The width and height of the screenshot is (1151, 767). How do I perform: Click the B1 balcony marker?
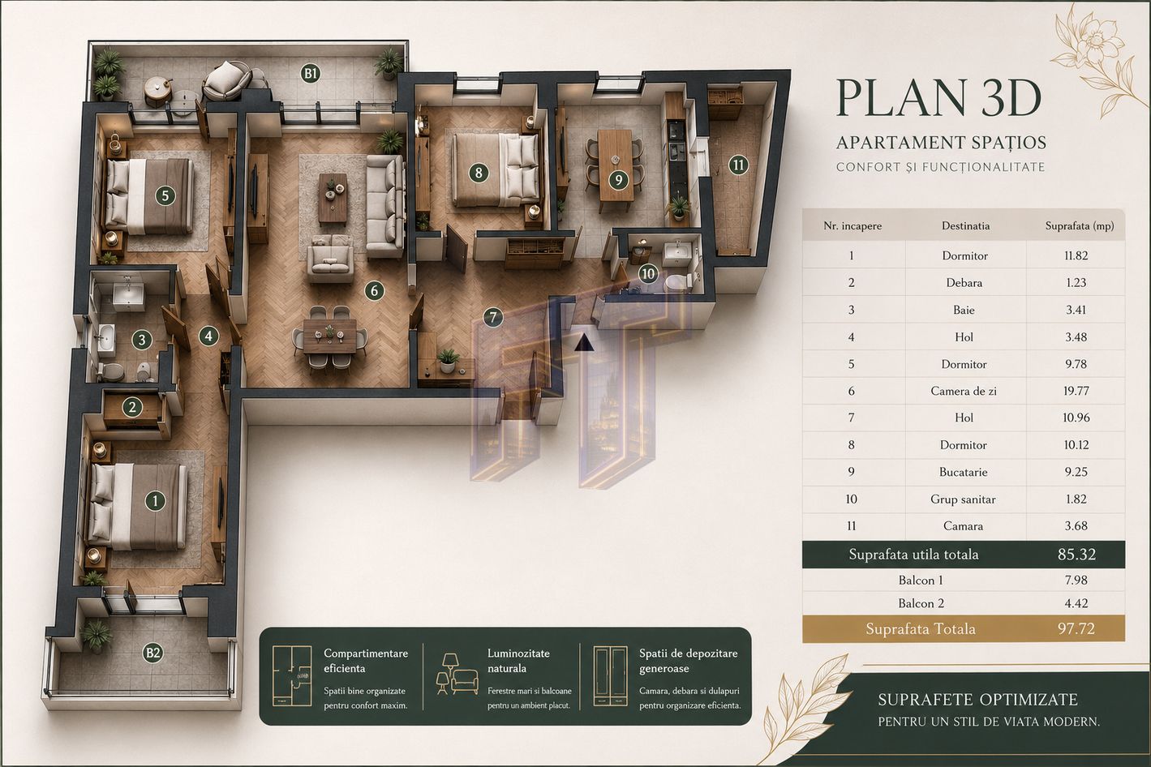[x=310, y=74]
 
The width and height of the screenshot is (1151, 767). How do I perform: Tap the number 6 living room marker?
[x=374, y=291]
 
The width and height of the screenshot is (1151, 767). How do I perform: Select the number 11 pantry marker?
[x=738, y=165]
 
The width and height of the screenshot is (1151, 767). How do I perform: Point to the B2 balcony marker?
[x=153, y=653]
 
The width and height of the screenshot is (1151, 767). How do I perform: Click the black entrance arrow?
[x=584, y=342]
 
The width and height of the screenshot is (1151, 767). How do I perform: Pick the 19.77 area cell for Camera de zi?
[x=1076, y=391]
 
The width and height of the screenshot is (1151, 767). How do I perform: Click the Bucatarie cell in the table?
[x=964, y=472]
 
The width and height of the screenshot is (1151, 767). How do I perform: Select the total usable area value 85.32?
[x=1076, y=555]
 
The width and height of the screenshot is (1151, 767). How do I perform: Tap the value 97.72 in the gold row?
[x=1076, y=629]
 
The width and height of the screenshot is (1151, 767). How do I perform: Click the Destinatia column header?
[x=965, y=225]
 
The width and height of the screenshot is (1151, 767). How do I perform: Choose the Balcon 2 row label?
[x=921, y=603]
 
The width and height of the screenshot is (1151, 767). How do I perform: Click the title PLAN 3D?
[x=938, y=98]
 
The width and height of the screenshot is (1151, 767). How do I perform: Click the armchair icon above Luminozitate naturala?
[x=465, y=682]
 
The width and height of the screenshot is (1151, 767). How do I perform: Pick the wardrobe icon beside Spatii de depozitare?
[x=610, y=675]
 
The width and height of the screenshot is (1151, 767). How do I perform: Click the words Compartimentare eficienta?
[x=365, y=661]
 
